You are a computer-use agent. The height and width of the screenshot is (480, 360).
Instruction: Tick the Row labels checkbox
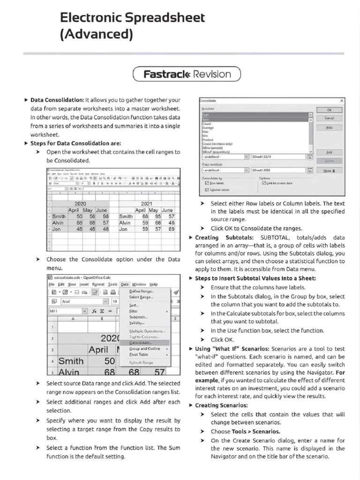[x=208, y=183]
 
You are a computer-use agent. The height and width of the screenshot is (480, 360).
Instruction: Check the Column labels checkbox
[x=208, y=189]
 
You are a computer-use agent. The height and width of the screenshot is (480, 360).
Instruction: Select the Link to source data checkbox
[x=264, y=183]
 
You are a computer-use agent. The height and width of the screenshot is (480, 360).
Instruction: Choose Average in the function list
[x=208, y=127]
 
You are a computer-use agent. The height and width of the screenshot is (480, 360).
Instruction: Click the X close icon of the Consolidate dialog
[x=341, y=101]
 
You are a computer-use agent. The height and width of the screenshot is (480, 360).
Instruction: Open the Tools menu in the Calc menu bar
[x=112, y=284]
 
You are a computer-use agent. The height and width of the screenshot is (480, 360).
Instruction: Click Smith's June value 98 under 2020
[x=105, y=217]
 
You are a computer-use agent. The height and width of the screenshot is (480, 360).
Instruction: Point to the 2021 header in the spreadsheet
[x=147, y=204]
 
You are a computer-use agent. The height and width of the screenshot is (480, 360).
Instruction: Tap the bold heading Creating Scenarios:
[x=221, y=405]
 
